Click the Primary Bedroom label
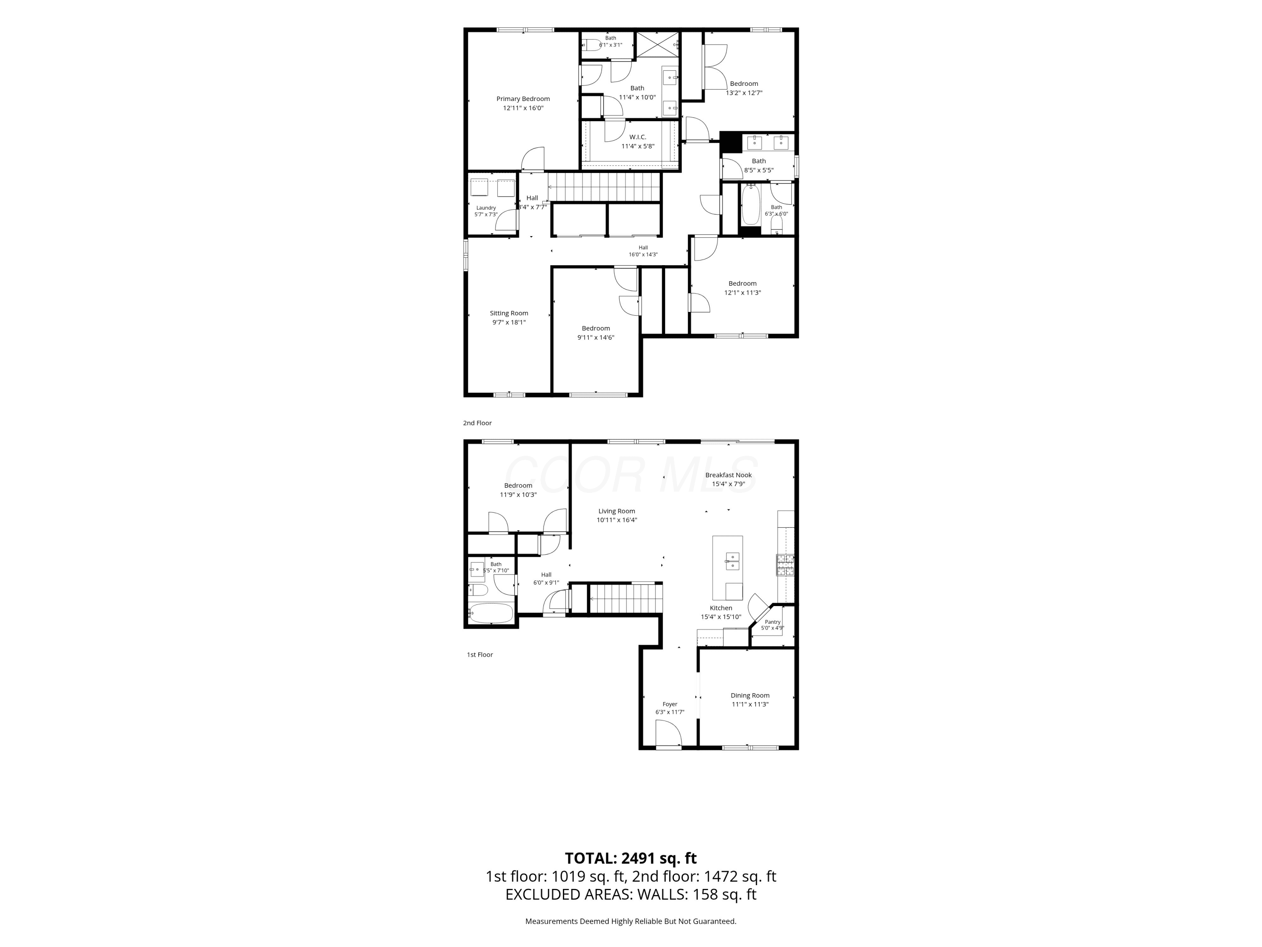[x=522, y=99]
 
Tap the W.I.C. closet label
[x=637, y=137]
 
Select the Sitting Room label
[x=509, y=313]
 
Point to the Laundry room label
[x=486, y=208]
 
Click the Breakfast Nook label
[x=728, y=475]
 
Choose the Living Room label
[x=616, y=511]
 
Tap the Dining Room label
[x=750, y=695]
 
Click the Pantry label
[x=772, y=622]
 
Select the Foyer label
[x=670, y=705]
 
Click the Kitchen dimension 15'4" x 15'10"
[x=721, y=617]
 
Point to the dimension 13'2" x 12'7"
[x=744, y=93]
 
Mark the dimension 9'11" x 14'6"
[x=596, y=338]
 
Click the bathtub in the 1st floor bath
[x=490, y=613]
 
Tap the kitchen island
[x=727, y=568]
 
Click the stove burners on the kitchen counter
[x=785, y=564]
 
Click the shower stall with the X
[x=657, y=45]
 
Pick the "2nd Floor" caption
[x=477, y=423]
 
